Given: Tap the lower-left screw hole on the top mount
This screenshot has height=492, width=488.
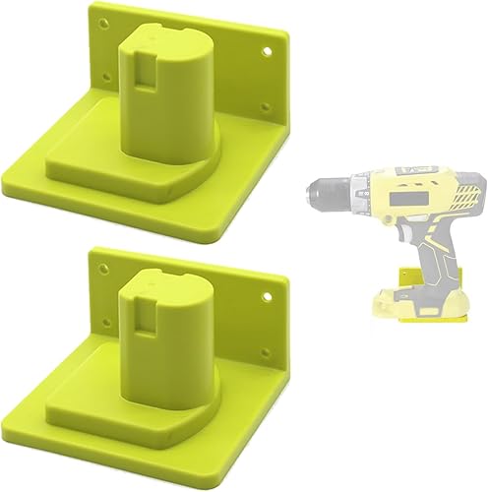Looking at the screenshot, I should tap(98, 67).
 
